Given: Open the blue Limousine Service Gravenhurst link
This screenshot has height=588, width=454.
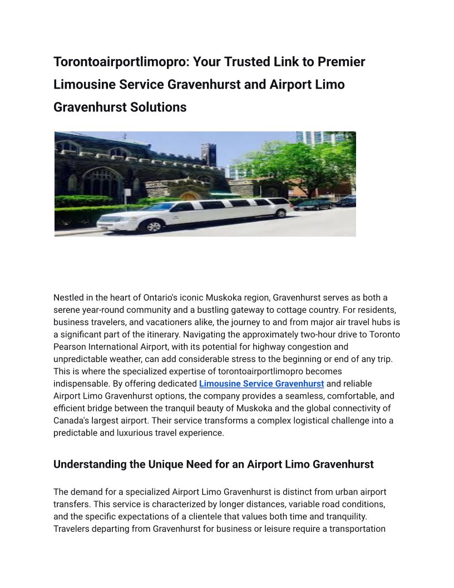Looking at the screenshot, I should click(x=261, y=384).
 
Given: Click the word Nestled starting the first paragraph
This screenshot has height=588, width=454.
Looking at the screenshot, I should click(x=69, y=297).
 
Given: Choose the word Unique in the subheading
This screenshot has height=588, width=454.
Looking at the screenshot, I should click(x=167, y=464).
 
